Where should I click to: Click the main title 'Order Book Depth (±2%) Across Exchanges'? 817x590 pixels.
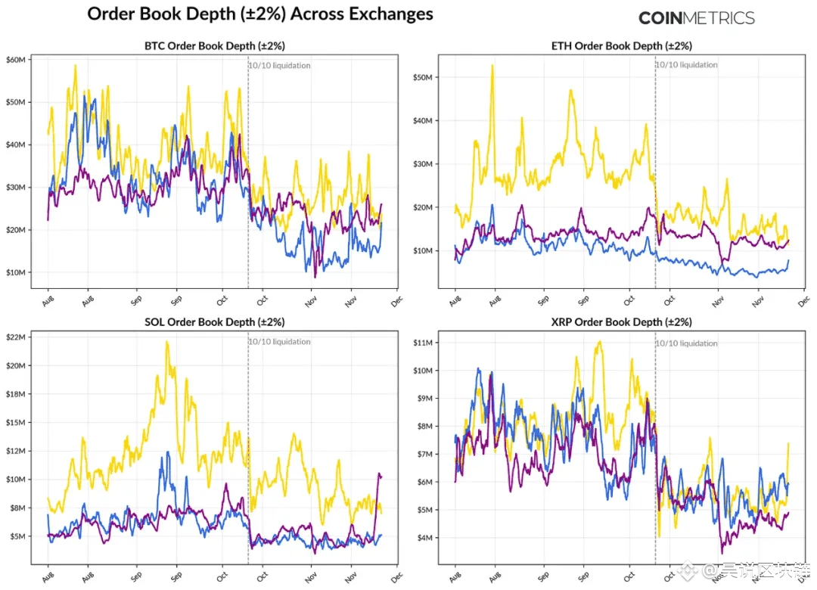[x=260, y=14]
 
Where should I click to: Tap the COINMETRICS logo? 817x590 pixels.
[x=696, y=18]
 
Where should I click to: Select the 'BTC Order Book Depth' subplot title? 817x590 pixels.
[x=215, y=45]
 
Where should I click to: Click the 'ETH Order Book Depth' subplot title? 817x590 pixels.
[x=622, y=45]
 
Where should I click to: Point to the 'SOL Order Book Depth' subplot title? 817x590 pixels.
[x=215, y=322]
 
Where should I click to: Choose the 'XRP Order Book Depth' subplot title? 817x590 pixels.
[x=622, y=322]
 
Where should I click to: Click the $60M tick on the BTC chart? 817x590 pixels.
[x=16, y=59]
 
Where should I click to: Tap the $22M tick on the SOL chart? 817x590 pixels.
[x=16, y=337]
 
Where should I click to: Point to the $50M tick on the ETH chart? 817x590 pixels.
[x=423, y=77]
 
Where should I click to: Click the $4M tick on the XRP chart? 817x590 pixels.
[x=425, y=538]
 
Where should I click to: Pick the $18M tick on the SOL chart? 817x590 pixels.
[x=16, y=393]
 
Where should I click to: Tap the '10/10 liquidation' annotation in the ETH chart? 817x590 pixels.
[x=686, y=65]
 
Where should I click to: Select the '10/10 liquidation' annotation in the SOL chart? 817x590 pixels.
[x=279, y=342]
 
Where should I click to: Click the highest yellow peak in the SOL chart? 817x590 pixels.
[x=166, y=342]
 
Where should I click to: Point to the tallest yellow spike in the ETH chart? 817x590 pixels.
[x=492, y=66]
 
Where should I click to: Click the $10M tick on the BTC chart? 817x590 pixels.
[x=16, y=272]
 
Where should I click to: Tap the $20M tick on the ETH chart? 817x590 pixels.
[x=423, y=207]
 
